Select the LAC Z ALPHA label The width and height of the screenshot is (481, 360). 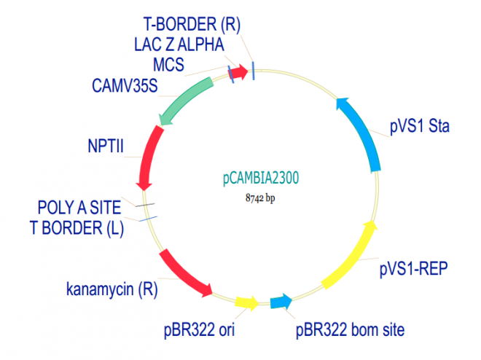(179, 44)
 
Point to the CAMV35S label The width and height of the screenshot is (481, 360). (125, 86)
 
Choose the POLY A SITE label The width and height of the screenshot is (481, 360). (79, 209)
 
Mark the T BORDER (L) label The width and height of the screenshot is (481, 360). (77, 228)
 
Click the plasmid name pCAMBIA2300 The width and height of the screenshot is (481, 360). (260, 178)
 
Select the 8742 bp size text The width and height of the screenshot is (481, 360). (259, 197)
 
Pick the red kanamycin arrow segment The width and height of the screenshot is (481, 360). (184, 273)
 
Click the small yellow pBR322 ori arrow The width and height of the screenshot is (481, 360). (247, 302)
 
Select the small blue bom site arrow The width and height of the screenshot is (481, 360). (281, 302)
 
